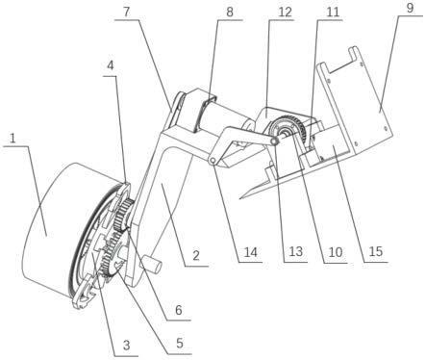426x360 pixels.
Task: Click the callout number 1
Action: coord(13,139)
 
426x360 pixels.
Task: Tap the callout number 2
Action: coord(196,256)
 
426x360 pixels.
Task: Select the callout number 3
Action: coord(127,346)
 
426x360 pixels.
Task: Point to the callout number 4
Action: coord(110,65)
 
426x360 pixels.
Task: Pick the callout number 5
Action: coord(180,343)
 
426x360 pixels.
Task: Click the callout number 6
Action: coord(179,310)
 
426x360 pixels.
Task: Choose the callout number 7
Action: coord(127,12)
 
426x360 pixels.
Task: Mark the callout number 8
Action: coord(230,13)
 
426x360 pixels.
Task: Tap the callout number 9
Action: coord(410,9)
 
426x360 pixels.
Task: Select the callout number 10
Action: coord(336,252)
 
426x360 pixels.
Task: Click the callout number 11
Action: coord(333,12)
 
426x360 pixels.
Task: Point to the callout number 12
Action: coord(285,12)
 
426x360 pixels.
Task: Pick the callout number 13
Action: coord(295,251)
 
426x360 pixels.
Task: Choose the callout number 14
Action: coord(251,252)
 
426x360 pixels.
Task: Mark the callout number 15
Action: coord(376,251)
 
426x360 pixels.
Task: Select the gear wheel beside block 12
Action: coord(287,128)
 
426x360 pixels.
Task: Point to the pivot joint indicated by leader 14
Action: coord(212,161)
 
